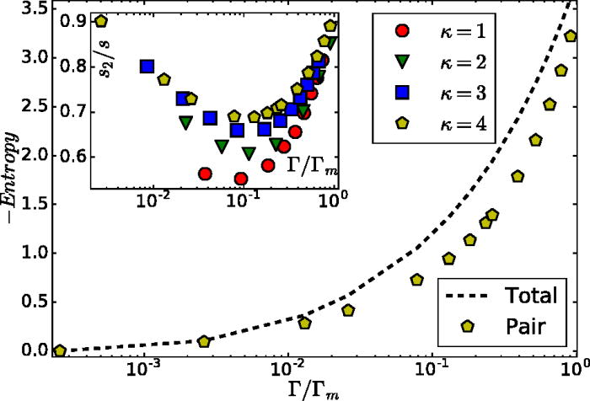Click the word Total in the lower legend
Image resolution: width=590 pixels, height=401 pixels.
531,296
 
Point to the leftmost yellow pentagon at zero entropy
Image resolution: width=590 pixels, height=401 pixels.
60,350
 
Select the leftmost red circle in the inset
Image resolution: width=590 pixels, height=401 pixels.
205,174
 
